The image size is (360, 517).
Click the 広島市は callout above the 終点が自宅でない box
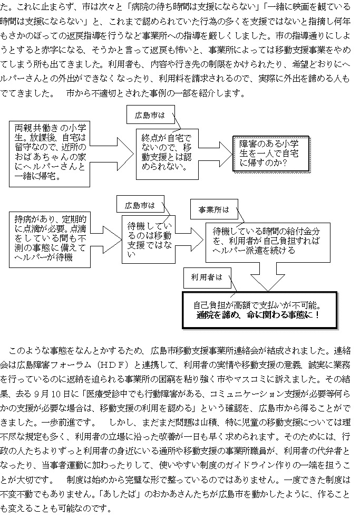[151, 115]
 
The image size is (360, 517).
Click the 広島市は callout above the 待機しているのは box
[140, 205]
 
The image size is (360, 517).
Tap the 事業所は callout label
[214, 209]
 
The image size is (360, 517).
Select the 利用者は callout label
[207, 277]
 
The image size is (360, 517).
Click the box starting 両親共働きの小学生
[50, 154]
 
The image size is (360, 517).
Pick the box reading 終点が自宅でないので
[167, 154]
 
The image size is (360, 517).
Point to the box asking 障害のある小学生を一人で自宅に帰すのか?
[271, 154]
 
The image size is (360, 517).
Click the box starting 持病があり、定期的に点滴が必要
[50, 240]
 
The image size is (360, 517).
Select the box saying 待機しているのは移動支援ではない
[149, 240]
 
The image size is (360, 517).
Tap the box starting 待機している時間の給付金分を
[268, 242]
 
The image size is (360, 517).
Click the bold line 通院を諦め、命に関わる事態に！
[258, 315]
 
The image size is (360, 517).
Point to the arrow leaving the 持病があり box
[106, 239]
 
